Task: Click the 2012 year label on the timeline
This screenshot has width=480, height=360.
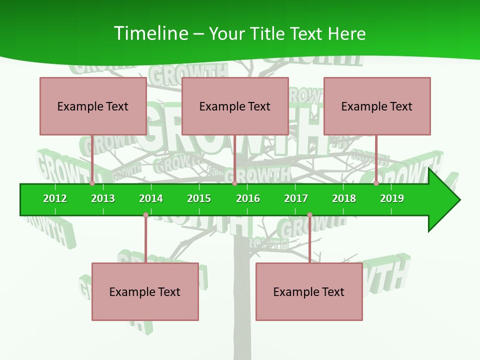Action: coord(55,198)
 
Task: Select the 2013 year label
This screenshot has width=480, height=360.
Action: coord(103,198)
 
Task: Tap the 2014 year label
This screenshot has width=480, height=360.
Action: coord(151,198)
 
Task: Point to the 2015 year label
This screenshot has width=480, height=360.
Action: coord(199,198)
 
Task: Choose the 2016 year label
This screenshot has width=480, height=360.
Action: coord(248,198)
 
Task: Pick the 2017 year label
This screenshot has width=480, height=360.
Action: coord(296,198)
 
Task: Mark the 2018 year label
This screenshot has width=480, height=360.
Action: coord(344,198)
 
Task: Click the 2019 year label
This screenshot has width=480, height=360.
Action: coord(392,198)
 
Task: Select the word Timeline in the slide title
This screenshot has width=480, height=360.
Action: coord(150,33)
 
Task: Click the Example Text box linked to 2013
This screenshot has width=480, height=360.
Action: coord(93,106)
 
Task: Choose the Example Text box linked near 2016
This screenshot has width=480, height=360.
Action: coord(235,106)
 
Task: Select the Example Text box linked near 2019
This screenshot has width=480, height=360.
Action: coord(377,106)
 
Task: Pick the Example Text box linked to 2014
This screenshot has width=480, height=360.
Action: coord(145,291)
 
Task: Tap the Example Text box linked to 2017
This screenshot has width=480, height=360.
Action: coord(309,291)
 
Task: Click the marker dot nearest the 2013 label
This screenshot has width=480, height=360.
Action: coord(92,183)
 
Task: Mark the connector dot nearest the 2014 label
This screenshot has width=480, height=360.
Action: coord(145,215)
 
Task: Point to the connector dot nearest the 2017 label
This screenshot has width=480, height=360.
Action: coord(309,215)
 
